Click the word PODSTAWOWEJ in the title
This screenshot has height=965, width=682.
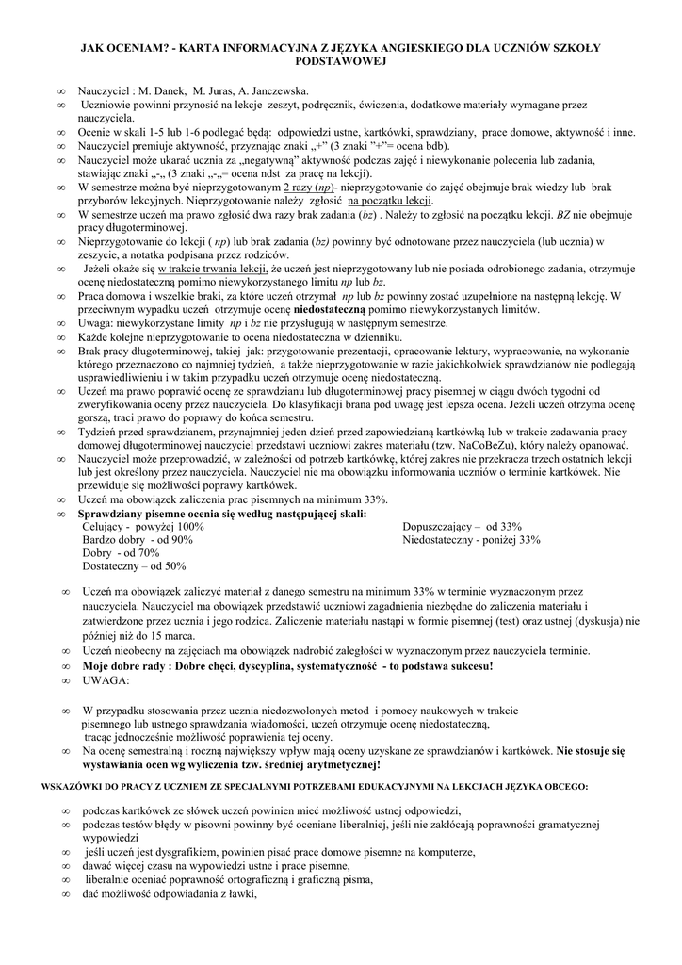pyautogui.click(x=341, y=59)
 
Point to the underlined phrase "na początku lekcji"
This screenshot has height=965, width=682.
pyautogui.click(x=390, y=201)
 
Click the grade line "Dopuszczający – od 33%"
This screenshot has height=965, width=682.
pyautogui.click(x=462, y=527)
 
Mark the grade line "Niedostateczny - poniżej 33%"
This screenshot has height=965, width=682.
pyautogui.click(x=471, y=540)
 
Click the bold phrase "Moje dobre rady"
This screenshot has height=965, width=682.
pyautogui.click(x=129, y=665)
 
